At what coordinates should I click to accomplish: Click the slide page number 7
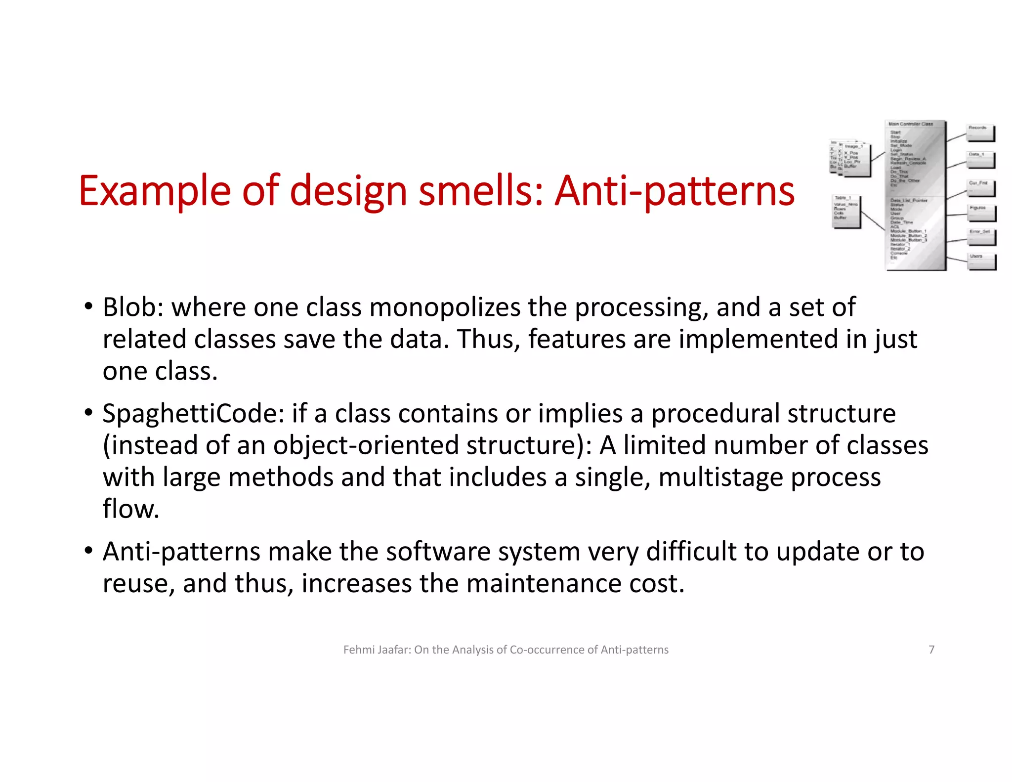pyautogui.click(x=931, y=650)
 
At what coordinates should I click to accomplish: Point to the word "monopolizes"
pyautogui.click(x=445, y=307)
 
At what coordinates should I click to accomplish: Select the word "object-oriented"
pyautogui.click(x=366, y=445)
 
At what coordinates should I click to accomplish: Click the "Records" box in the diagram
pyautogui.click(x=980, y=133)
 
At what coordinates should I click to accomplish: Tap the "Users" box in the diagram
pyautogui.click(x=981, y=261)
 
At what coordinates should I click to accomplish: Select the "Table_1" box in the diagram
pyautogui.click(x=846, y=211)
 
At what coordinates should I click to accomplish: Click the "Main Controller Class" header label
pyautogui.click(x=911, y=124)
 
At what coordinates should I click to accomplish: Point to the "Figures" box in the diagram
pyautogui.click(x=981, y=213)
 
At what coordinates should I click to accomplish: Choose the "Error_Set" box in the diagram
pyautogui.click(x=981, y=237)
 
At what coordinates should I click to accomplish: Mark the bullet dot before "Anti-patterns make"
pyautogui.click(x=88, y=551)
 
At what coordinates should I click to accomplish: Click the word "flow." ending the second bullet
pyautogui.click(x=131, y=509)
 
